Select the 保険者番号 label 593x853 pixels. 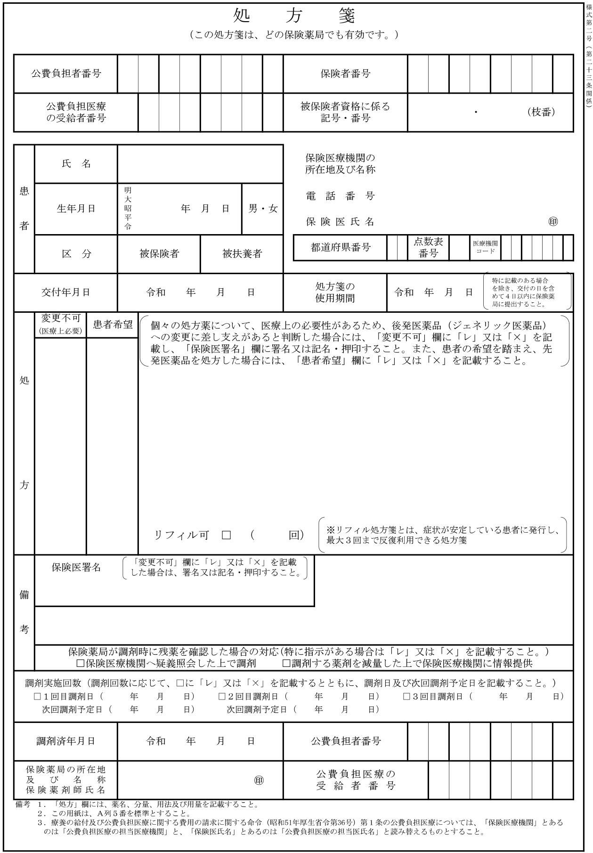(x=345, y=73)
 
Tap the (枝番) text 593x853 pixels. (x=541, y=112)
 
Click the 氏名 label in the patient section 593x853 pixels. (x=76, y=164)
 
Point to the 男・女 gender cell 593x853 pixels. (x=263, y=209)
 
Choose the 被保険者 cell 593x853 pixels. (x=159, y=254)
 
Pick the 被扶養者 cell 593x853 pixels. (x=242, y=254)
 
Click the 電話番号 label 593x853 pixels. (x=340, y=196)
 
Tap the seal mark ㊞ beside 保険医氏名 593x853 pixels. (x=553, y=222)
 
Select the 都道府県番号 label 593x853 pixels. (x=341, y=247)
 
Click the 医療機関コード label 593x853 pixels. (x=485, y=247)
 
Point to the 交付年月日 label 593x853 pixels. (x=65, y=292)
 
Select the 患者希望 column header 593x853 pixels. (x=113, y=325)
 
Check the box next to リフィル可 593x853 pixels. (x=227, y=535)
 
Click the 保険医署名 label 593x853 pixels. (x=76, y=567)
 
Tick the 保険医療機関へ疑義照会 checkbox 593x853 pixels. (x=80, y=664)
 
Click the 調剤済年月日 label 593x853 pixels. (x=65, y=741)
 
